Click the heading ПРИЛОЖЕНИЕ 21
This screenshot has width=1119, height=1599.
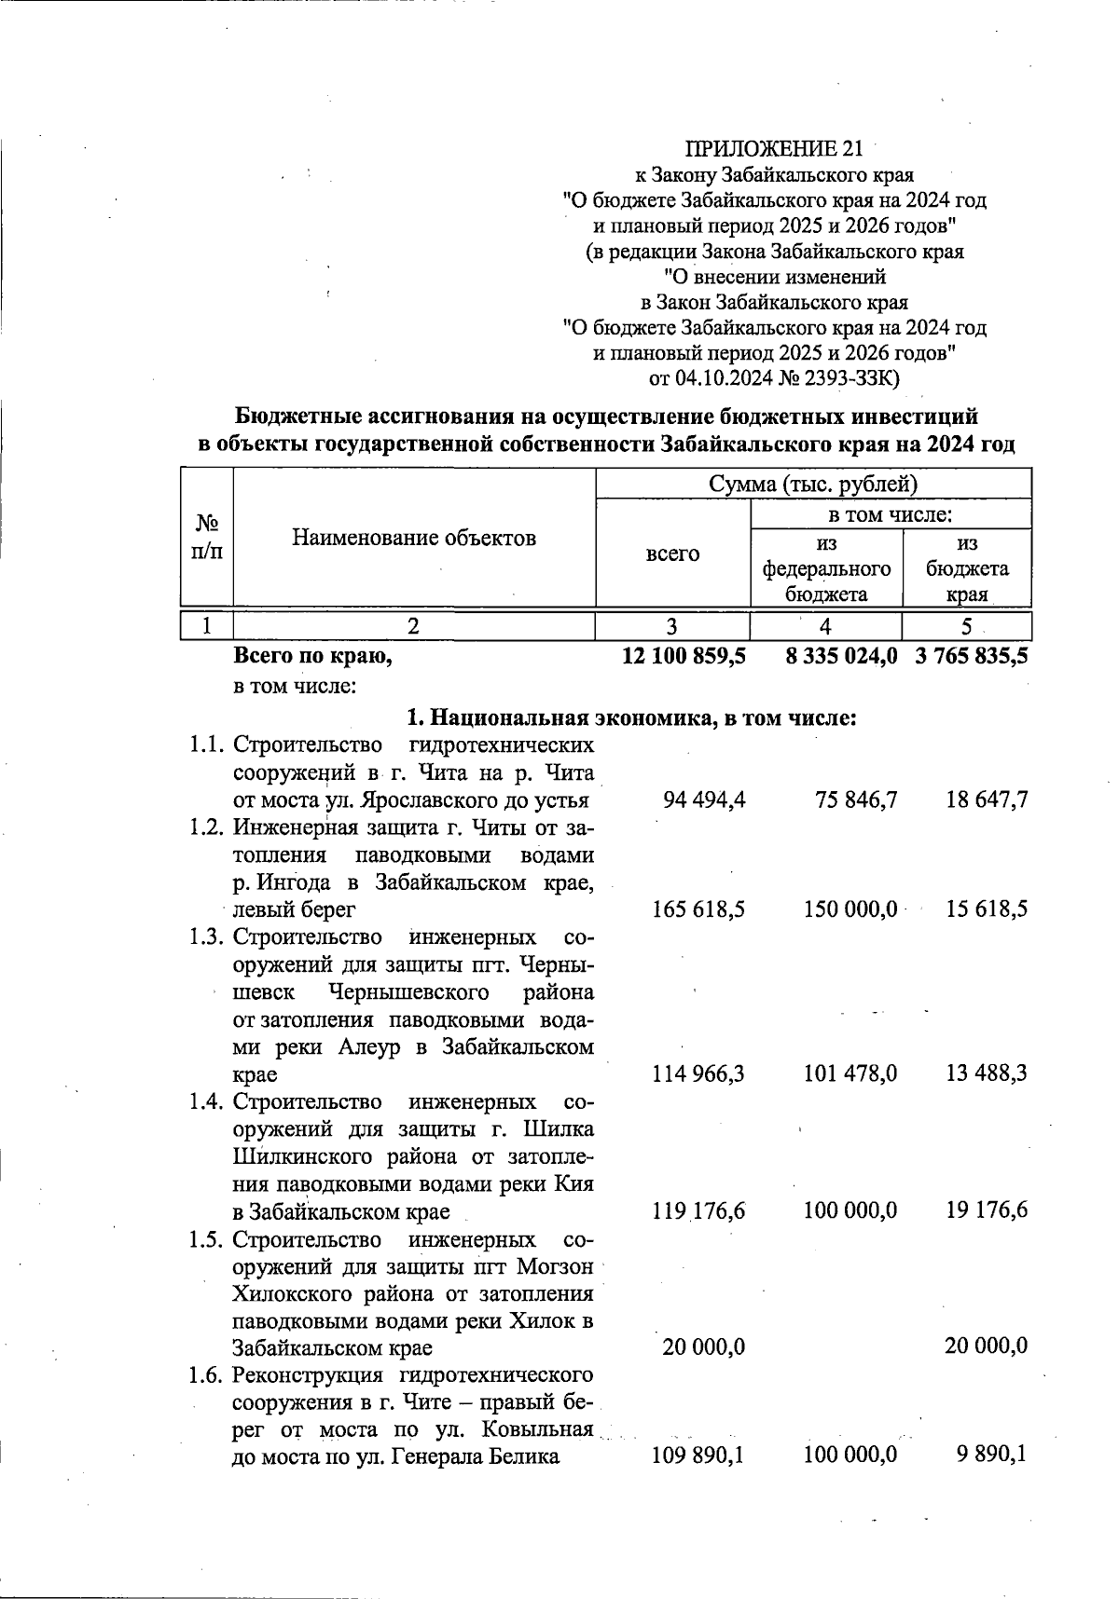point(773,149)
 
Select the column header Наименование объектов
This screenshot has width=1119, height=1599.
point(414,538)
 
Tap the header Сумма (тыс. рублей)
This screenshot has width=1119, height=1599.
point(813,485)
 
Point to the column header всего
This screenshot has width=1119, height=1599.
point(672,553)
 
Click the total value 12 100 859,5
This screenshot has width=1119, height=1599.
point(684,656)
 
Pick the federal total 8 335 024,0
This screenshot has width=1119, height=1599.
point(841,656)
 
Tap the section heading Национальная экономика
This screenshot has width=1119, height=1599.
point(631,718)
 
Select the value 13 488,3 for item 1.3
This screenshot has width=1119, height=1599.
point(987,1074)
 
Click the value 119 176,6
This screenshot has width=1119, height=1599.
point(698,1211)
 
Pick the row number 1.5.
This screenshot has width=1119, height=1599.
point(205,1239)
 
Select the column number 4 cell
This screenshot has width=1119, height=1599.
point(825,626)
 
